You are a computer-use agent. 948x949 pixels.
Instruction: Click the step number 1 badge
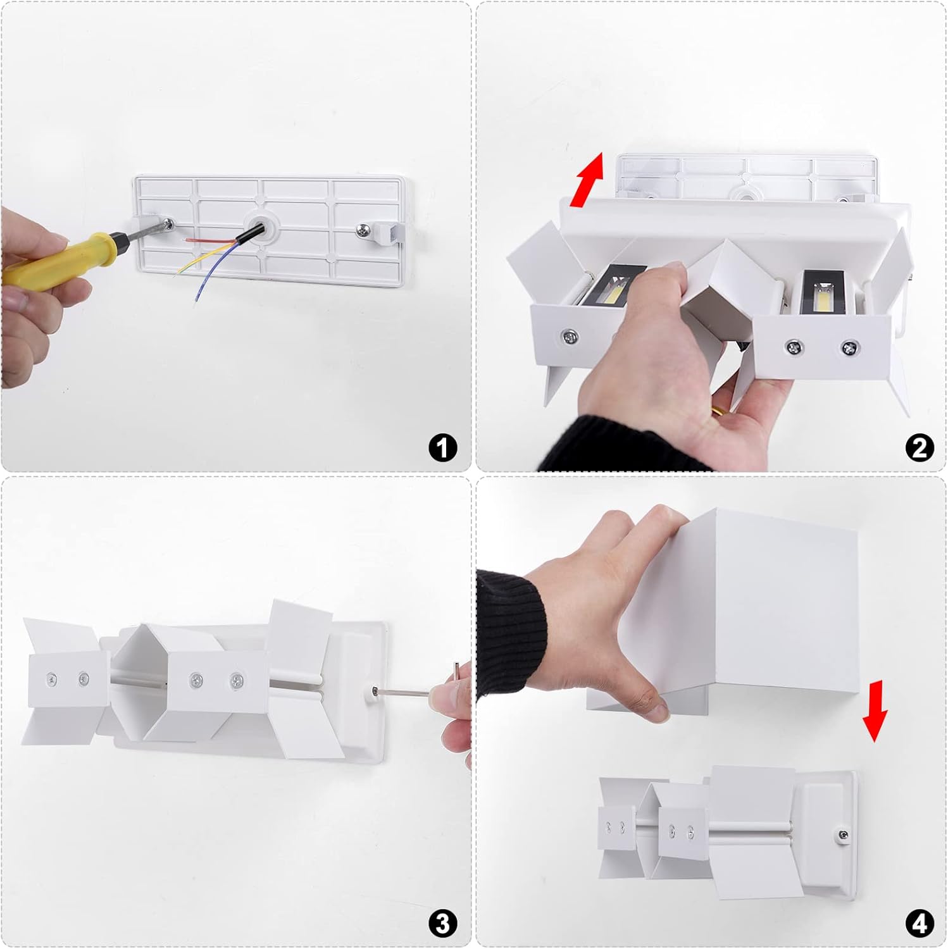[442, 448]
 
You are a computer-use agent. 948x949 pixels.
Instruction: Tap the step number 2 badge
[920, 448]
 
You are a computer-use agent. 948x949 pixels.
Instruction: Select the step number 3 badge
[442, 924]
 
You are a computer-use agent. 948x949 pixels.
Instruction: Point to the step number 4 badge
[920, 924]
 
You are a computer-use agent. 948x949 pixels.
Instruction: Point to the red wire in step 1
[211, 240]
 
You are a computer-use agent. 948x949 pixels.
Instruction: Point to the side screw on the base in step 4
[844, 836]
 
